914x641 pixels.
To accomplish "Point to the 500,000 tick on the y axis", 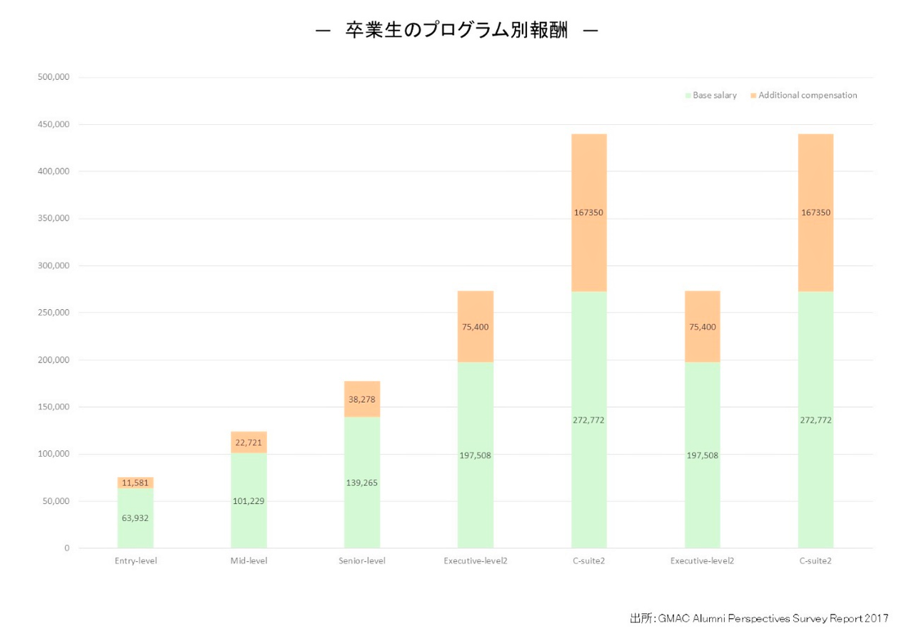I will [x=52, y=77].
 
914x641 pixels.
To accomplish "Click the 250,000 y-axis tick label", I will [x=52, y=313].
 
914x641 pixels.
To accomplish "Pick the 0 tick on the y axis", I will [x=66, y=548].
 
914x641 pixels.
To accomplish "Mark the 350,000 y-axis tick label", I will [x=52, y=218].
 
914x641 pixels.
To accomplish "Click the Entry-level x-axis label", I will [x=136, y=561].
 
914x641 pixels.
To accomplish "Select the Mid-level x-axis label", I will [x=248, y=561].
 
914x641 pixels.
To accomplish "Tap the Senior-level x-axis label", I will [x=362, y=561].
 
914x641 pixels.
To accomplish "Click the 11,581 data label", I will [x=136, y=483].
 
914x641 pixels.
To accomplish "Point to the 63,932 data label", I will [x=136, y=518].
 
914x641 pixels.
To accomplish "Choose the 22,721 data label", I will [x=248, y=443].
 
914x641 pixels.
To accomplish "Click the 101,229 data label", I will [x=248, y=500].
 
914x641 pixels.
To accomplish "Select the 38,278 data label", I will [x=362, y=400].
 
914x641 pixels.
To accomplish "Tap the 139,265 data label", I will [x=362, y=483].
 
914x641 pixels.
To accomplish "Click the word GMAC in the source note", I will [x=675, y=618].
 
